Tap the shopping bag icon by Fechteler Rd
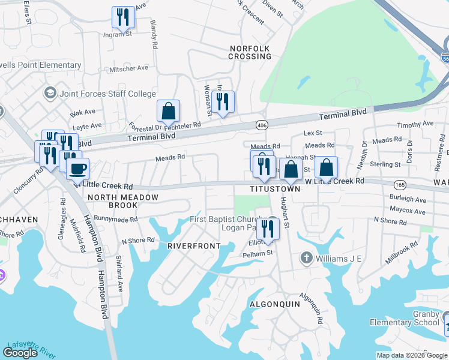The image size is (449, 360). tap(168, 111)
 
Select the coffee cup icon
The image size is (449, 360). tap(77, 169)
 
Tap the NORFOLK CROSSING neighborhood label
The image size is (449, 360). tap(250, 52)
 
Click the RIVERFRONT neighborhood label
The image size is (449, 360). tap(193, 246)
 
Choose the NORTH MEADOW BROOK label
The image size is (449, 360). tap(123, 201)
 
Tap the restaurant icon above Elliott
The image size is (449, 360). tap(268, 229)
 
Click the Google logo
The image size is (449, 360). tap(21, 353)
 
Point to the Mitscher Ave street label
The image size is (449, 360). tap(128, 68)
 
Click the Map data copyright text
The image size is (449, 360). tap(411, 355)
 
